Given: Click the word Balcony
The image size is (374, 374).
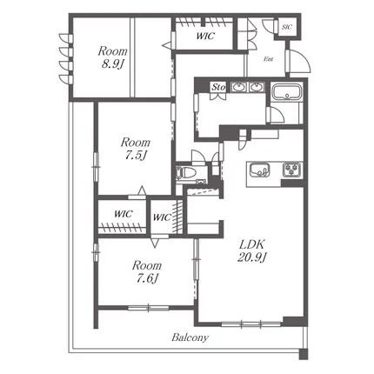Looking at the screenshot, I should coord(189,337).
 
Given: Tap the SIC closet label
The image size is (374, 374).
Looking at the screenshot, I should coord(287,28).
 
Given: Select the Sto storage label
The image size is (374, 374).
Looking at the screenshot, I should coord(218,87).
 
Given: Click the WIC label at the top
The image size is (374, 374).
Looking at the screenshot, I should coord(204,37).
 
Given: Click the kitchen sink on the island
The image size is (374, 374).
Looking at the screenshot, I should coord(258,170).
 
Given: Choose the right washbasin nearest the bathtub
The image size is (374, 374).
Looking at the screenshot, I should coord(257,87).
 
